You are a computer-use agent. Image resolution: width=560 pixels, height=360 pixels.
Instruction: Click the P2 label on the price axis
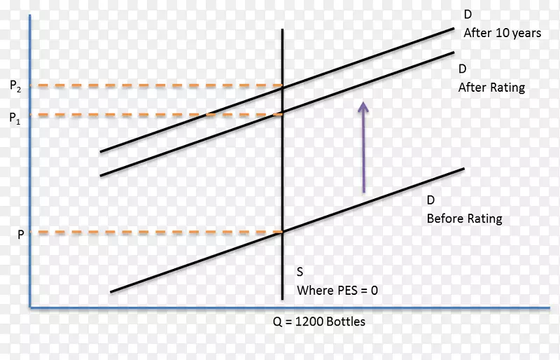(15, 86)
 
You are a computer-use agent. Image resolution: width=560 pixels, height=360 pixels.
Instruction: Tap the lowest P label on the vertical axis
(20, 236)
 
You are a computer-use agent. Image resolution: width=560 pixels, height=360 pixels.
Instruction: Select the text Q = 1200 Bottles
(318, 322)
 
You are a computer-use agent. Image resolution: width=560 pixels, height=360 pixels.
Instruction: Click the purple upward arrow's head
(363, 106)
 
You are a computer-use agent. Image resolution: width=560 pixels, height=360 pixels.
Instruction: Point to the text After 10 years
(502, 32)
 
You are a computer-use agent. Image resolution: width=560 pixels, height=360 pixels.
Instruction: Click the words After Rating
(491, 88)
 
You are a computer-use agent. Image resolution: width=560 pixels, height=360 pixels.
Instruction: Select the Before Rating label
(464, 219)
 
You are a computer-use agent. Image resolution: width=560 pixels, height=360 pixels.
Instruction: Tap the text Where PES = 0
(337, 289)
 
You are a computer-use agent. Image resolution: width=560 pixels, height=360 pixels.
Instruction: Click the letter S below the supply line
(300, 272)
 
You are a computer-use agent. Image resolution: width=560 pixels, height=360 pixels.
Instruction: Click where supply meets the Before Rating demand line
(282, 232)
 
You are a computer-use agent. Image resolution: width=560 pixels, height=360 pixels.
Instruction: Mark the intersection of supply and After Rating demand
(282, 113)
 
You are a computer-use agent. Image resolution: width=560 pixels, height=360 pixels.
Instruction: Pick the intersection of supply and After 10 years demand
(282, 86)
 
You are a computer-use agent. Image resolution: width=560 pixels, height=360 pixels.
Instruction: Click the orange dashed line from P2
(154, 86)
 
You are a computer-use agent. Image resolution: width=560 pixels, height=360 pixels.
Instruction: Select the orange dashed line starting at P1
(154, 114)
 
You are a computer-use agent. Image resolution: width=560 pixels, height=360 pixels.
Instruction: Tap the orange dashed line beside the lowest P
(154, 232)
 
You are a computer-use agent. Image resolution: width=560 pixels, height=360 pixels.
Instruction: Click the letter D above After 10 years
(467, 14)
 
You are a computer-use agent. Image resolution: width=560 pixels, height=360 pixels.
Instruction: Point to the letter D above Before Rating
(430, 200)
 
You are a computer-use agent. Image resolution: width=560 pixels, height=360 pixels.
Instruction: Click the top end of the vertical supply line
(282, 31)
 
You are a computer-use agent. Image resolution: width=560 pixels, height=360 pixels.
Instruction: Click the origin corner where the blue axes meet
(30, 307)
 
